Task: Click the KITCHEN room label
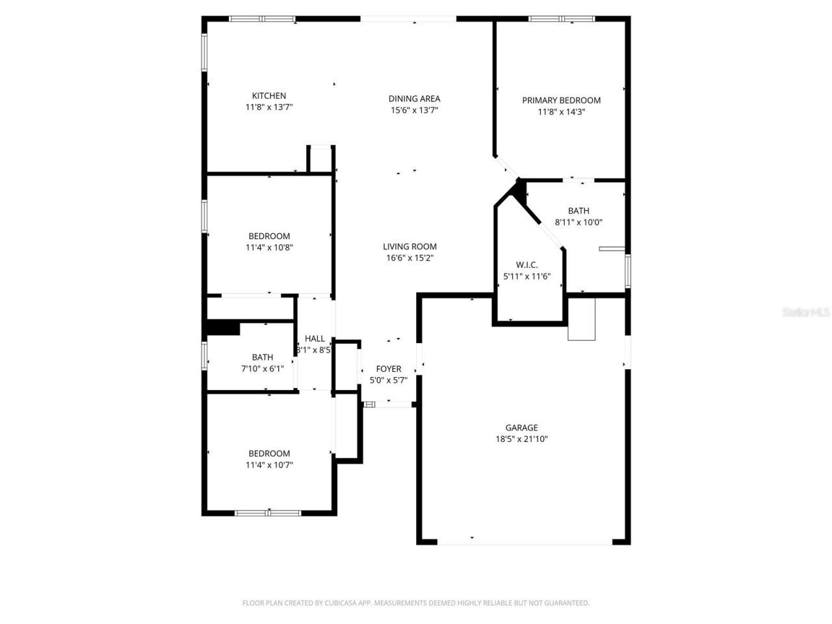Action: pyautogui.click(x=269, y=96)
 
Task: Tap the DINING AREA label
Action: pyautogui.click(x=414, y=99)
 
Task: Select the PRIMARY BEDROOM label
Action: pyautogui.click(x=561, y=100)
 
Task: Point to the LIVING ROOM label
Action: pyautogui.click(x=409, y=246)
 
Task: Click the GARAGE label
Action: pyautogui.click(x=521, y=428)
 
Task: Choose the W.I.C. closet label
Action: pyautogui.click(x=526, y=265)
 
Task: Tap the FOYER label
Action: pyautogui.click(x=389, y=369)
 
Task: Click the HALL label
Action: pyautogui.click(x=315, y=339)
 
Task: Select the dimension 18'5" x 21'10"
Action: pyautogui.click(x=521, y=439)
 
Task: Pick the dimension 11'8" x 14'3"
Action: pyautogui.click(x=561, y=112)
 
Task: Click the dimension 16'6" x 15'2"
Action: pyautogui.click(x=409, y=258)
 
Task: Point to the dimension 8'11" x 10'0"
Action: pyautogui.click(x=578, y=222)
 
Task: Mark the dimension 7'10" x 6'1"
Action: pyautogui.click(x=263, y=369)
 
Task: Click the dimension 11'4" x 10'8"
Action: pyautogui.click(x=269, y=248)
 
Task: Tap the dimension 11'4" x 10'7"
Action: pyautogui.click(x=269, y=465)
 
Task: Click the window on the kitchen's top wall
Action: pyautogui.click(x=262, y=19)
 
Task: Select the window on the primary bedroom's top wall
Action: pyautogui.click(x=562, y=19)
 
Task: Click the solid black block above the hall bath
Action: pyautogui.click(x=222, y=328)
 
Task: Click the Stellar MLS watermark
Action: pyautogui.click(x=805, y=313)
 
